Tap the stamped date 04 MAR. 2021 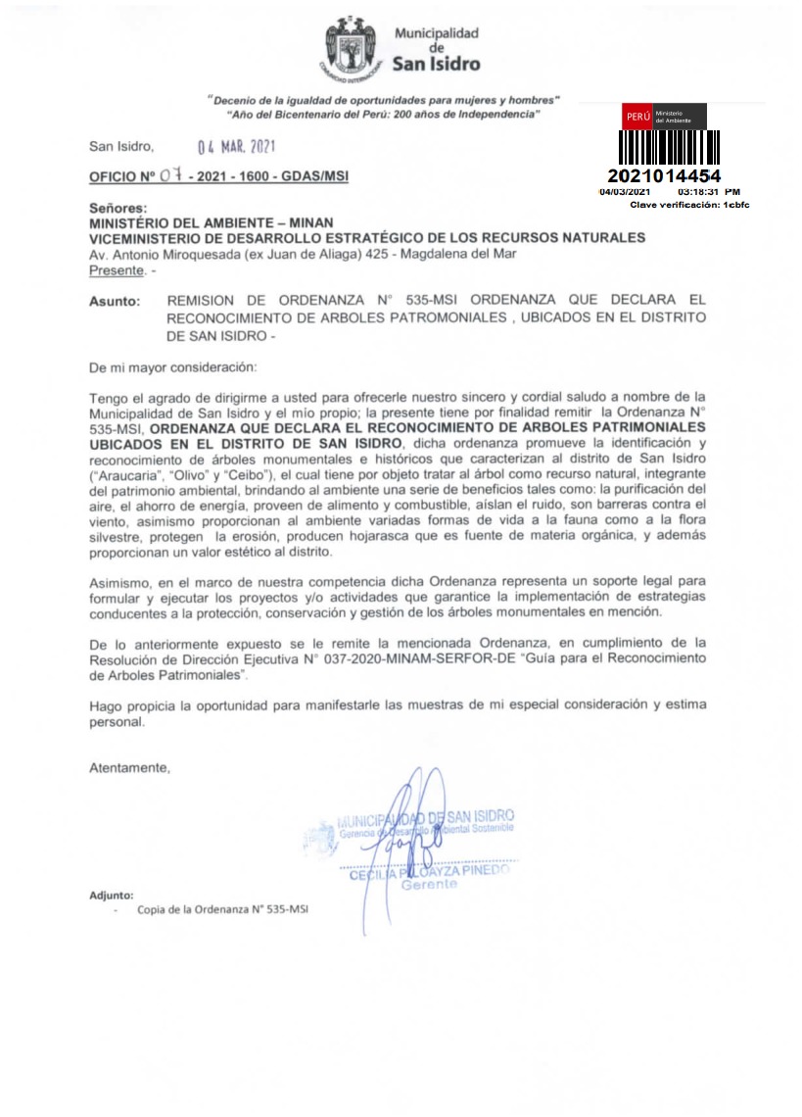236,148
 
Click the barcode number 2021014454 664,176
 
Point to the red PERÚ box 637,117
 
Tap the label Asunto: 115,302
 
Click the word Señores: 118,210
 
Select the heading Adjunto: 111,895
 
